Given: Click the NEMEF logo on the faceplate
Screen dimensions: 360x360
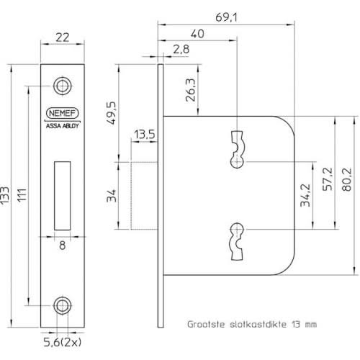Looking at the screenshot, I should [x=64, y=112].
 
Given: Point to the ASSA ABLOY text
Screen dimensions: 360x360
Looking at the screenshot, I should [x=64, y=124].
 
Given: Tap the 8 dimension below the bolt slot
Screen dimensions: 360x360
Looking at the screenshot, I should [x=63, y=245].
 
